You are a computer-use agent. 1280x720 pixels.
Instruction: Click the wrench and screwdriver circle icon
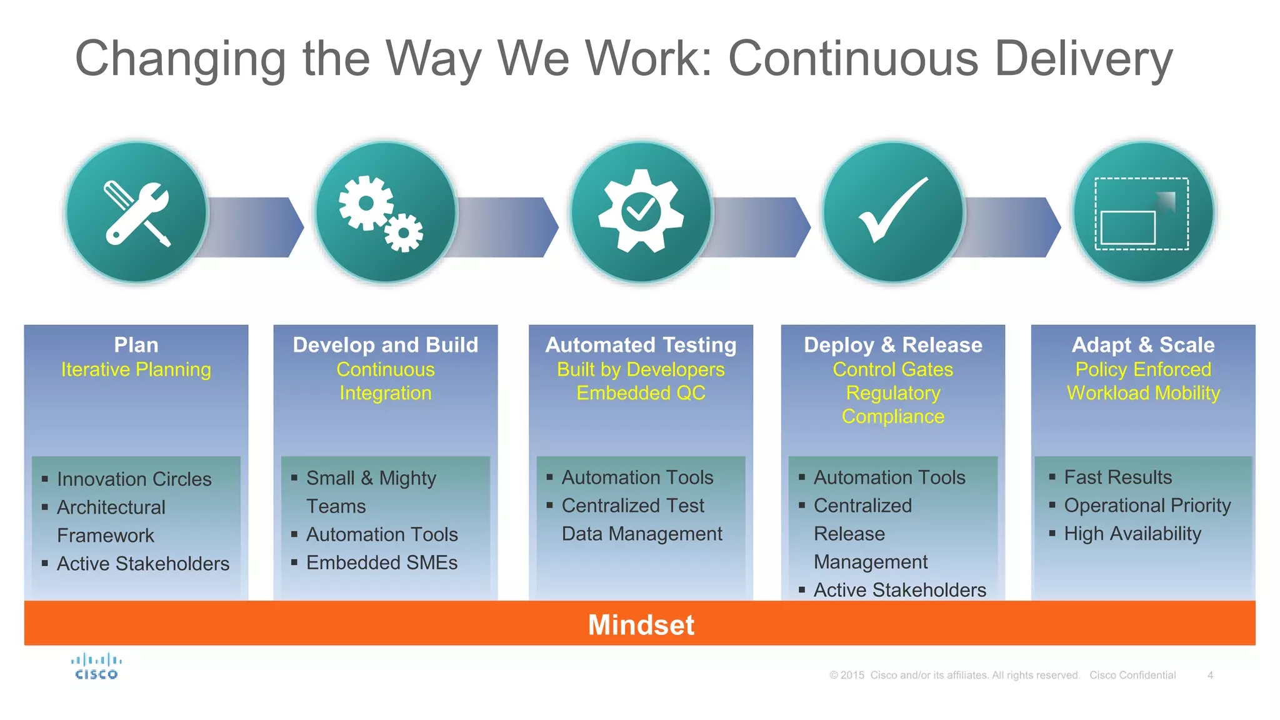[x=137, y=212]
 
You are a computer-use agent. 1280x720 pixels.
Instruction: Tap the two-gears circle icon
[x=386, y=212]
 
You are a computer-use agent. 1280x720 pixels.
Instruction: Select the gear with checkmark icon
[x=641, y=212]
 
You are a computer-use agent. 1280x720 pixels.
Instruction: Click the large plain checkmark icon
[x=892, y=212]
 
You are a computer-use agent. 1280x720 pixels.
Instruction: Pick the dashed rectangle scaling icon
[x=1143, y=212]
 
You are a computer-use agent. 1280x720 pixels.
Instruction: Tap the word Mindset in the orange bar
[x=641, y=624]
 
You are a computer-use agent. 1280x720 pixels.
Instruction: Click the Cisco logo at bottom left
[x=96, y=666]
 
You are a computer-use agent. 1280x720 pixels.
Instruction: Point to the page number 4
[x=1210, y=675]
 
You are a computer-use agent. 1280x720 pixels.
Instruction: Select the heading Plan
[x=136, y=345]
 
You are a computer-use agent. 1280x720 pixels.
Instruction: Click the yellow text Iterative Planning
[x=136, y=369]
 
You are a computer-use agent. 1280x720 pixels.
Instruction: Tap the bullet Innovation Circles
[x=134, y=479]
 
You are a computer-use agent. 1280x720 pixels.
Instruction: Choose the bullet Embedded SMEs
[x=381, y=562]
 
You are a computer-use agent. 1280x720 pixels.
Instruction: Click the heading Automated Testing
[x=641, y=345]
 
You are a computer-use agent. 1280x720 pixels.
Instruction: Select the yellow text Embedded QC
[x=641, y=393]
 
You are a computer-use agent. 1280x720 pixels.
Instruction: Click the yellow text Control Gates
[x=892, y=369]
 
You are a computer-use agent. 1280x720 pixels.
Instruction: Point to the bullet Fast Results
[x=1117, y=477]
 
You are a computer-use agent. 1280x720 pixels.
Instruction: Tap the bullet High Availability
[x=1132, y=534]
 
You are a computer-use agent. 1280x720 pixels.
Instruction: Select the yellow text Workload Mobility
[x=1143, y=393]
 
